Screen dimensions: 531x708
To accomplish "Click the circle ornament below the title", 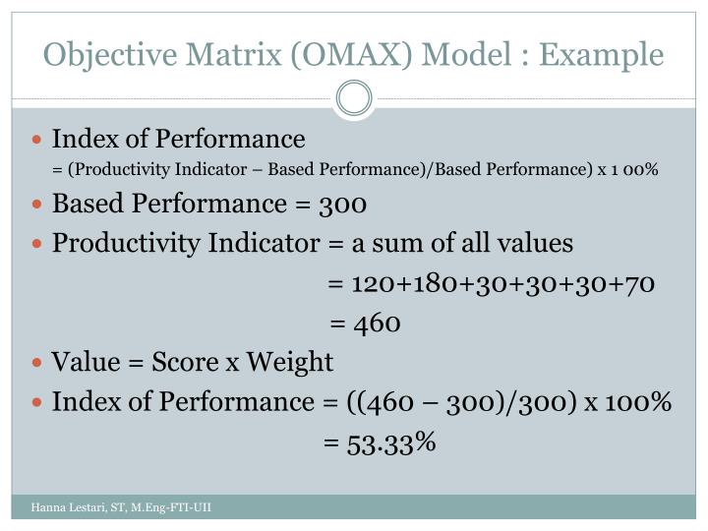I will click(354, 97).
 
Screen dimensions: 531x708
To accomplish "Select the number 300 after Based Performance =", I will click(343, 205).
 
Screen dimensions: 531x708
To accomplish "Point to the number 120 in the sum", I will click(373, 284).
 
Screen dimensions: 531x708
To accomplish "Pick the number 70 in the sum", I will click(636, 284).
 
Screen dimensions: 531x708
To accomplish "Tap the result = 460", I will click(365, 324).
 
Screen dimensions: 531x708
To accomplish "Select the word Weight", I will click(290, 363).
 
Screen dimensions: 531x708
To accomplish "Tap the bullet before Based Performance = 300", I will click(38, 206).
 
